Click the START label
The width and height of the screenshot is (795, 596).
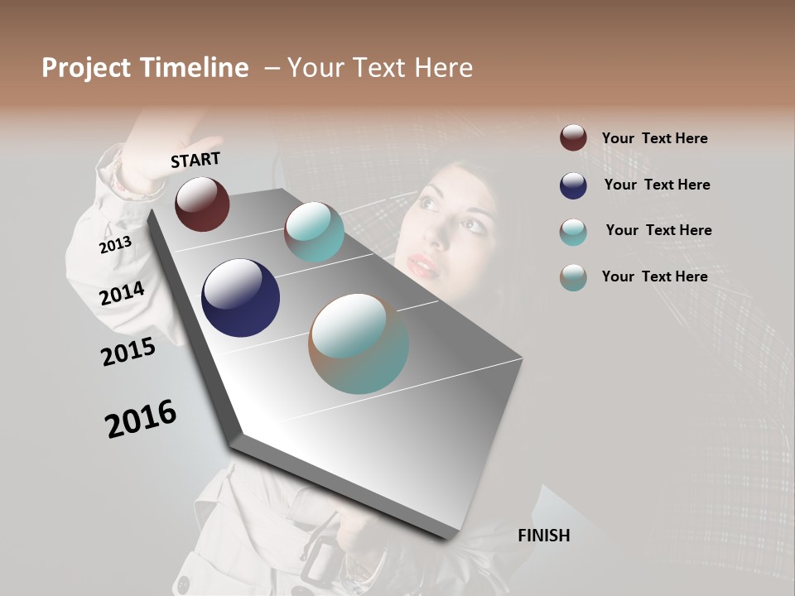click(x=195, y=160)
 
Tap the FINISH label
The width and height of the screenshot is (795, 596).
click(x=543, y=536)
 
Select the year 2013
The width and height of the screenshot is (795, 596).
click(x=115, y=245)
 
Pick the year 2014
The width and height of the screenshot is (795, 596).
click(x=122, y=293)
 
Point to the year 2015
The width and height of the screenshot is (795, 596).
click(x=128, y=352)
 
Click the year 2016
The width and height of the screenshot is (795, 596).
click(x=141, y=418)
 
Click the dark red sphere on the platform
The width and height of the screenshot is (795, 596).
click(x=202, y=204)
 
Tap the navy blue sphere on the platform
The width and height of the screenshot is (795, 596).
click(x=240, y=298)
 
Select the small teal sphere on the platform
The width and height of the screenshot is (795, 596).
click(x=314, y=232)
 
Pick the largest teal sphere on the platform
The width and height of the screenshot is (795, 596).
click(x=359, y=344)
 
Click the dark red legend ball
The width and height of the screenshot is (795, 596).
click(x=573, y=138)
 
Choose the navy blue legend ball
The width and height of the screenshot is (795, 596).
click(x=573, y=185)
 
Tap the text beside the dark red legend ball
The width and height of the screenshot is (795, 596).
click(x=654, y=138)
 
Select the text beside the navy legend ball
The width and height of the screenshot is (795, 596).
click(x=657, y=185)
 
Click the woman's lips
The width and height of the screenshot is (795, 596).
click(x=422, y=266)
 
